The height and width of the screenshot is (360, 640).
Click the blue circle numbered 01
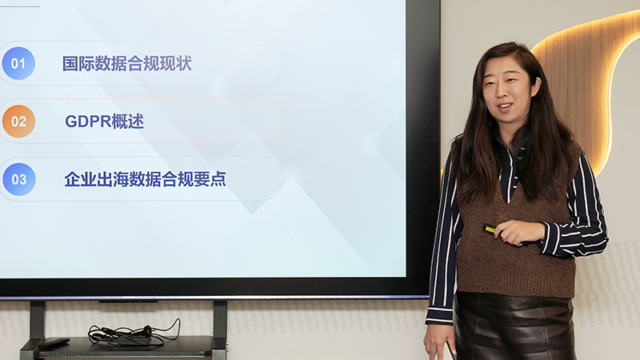pos(18,63)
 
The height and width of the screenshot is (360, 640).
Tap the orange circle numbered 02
pos(18,122)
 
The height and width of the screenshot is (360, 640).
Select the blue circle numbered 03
pos(18,179)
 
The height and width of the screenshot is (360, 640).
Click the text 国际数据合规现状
pos(127,63)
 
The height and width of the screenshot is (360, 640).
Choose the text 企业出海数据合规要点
pos(145,179)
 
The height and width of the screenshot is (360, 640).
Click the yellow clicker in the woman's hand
pos(489,229)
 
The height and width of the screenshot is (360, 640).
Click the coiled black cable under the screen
pos(128,334)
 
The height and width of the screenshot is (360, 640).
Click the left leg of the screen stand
pos(37,320)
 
